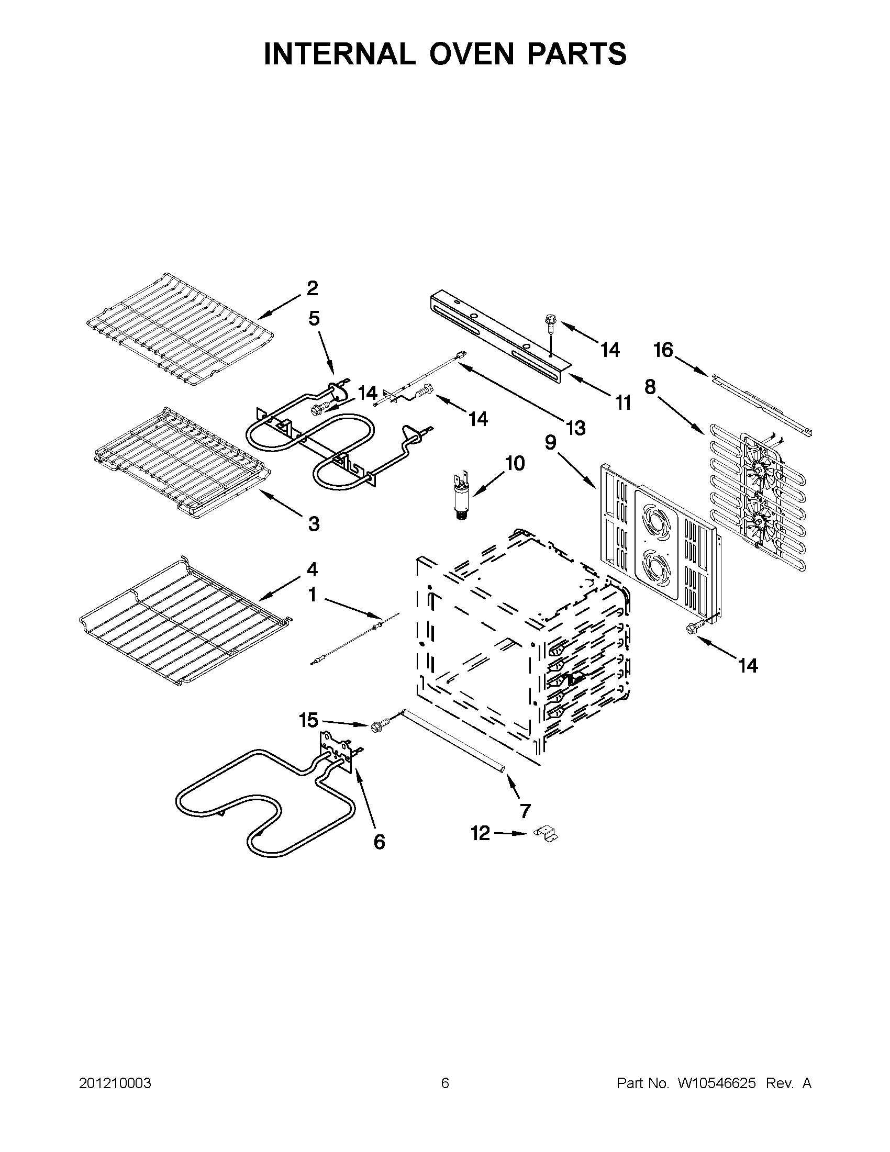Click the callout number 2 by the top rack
pos(313,288)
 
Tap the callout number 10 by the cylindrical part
pos(515,464)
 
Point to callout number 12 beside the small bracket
pos(480,833)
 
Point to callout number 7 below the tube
pos(525,811)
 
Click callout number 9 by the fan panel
pos(551,443)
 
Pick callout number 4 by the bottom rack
pos(313,569)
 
